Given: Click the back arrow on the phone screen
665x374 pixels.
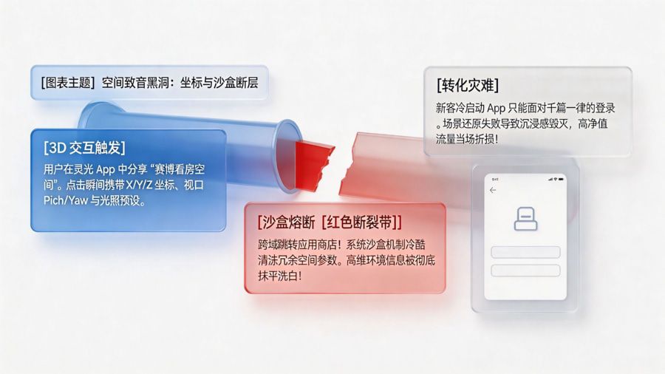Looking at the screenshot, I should coord(493,190).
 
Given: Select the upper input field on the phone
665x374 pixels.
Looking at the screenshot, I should coord(525,252).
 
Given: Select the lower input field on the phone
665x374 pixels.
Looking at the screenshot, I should coord(525,270).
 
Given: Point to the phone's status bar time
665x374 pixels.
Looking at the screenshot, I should coord(495,179).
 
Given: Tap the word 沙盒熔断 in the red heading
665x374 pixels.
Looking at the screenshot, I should coord(287,222).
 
